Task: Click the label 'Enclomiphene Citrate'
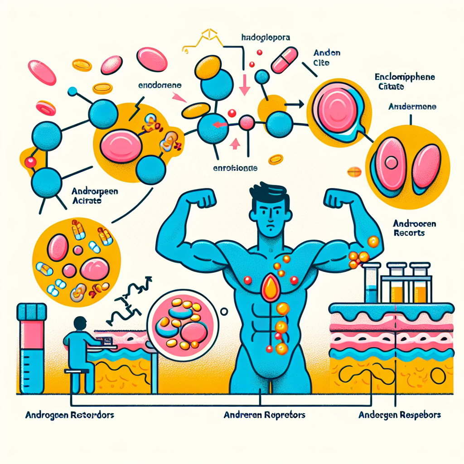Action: point(404,81)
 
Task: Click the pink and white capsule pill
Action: point(284,59)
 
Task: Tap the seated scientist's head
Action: point(80,324)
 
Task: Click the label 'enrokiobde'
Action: point(235,168)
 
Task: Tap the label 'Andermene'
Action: point(412,107)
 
